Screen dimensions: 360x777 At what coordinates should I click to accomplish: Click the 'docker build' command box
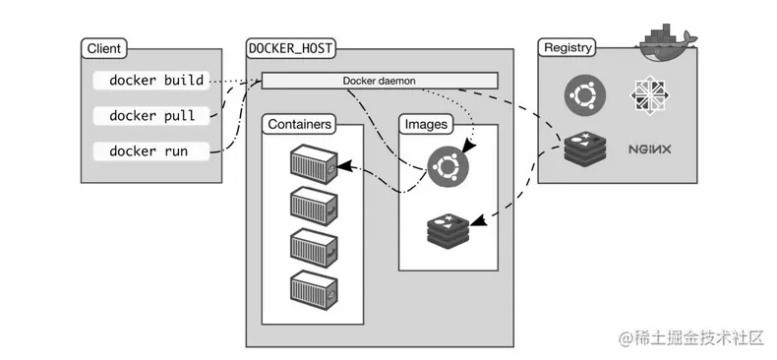point(152,81)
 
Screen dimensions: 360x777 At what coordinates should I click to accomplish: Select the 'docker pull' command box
point(152,116)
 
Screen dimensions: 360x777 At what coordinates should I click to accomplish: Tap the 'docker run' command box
point(152,151)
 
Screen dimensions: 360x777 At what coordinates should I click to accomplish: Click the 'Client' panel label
point(103,48)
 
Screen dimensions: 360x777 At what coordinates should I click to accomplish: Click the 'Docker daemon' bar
point(380,81)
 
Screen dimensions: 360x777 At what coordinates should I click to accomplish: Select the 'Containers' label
point(299,125)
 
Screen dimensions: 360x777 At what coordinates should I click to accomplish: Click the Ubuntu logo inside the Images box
point(448,167)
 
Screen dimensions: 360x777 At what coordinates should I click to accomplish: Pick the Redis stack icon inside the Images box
point(448,229)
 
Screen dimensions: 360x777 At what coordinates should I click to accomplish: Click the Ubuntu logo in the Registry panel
point(584,95)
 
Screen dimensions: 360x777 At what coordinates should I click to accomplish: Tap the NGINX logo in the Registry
point(649,150)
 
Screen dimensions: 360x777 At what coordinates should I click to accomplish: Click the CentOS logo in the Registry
point(649,95)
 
